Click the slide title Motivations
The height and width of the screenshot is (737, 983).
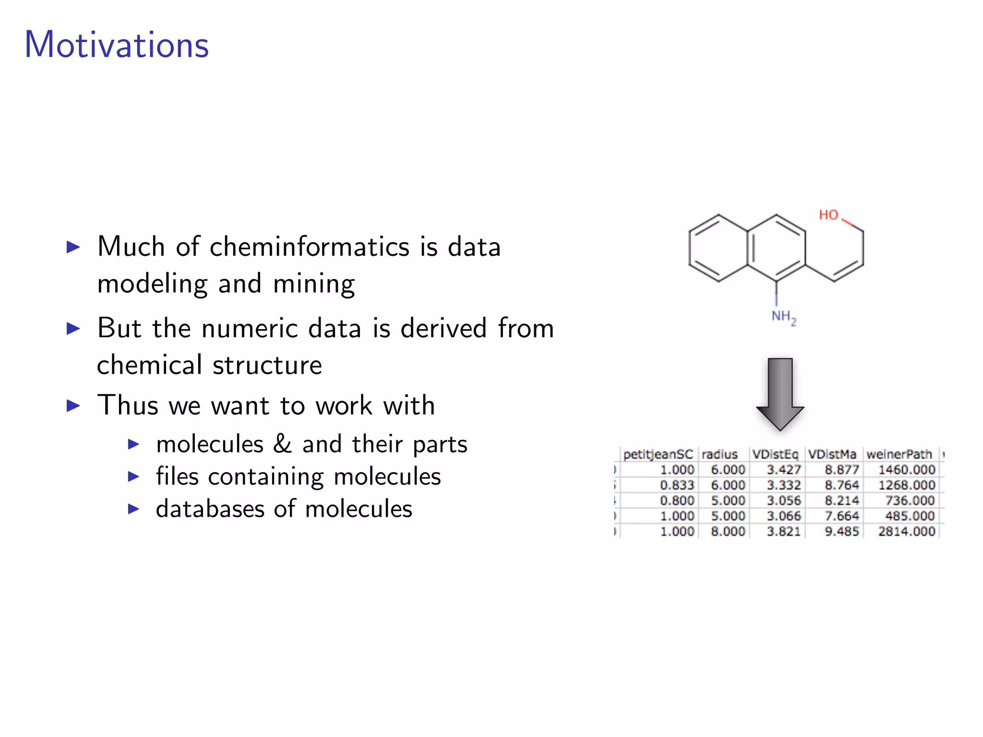117,45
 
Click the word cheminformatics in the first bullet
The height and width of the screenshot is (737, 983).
310,247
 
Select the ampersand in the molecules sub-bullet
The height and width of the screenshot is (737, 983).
282,443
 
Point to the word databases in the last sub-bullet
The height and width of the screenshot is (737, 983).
210,509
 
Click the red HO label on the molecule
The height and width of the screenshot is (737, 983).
828,215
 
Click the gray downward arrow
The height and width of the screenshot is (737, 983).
780,394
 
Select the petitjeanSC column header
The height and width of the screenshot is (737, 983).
658,454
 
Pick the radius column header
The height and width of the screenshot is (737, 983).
719,454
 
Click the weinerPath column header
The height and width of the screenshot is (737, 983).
899,454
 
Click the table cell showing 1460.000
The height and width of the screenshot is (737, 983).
907,470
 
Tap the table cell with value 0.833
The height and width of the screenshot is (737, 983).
677,485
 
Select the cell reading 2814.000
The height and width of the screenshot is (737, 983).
907,531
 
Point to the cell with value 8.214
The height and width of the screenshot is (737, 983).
842,500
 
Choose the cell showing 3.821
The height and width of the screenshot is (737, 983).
784,531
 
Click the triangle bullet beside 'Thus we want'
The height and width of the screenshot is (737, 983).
73,406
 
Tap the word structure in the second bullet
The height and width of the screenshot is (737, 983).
267,366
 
